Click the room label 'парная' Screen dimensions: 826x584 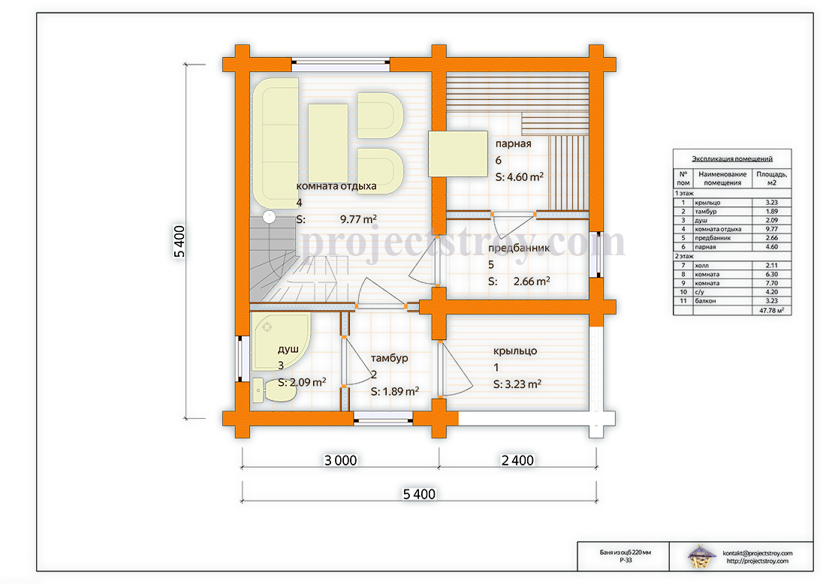click(x=513, y=144)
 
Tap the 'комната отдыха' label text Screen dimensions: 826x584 click(x=336, y=186)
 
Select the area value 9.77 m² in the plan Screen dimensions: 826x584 click(x=358, y=219)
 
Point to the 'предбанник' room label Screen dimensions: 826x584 click(x=519, y=248)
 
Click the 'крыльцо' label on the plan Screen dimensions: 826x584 click(x=515, y=351)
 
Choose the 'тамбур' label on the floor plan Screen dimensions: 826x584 click(x=389, y=358)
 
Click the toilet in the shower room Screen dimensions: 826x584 click(x=274, y=390)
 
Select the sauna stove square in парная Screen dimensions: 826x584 click(x=458, y=154)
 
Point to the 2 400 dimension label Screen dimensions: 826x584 click(x=517, y=460)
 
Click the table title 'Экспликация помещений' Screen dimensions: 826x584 click(x=732, y=158)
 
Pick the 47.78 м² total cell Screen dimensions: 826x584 click(x=771, y=311)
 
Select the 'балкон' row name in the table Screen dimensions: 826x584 click(x=705, y=301)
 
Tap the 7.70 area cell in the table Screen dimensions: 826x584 click(x=772, y=283)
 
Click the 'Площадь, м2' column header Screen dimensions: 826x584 click(x=772, y=179)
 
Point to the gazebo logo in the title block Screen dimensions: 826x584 click(x=701, y=557)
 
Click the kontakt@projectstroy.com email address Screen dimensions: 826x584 click(x=758, y=553)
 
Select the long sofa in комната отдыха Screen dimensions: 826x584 click(x=276, y=143)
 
